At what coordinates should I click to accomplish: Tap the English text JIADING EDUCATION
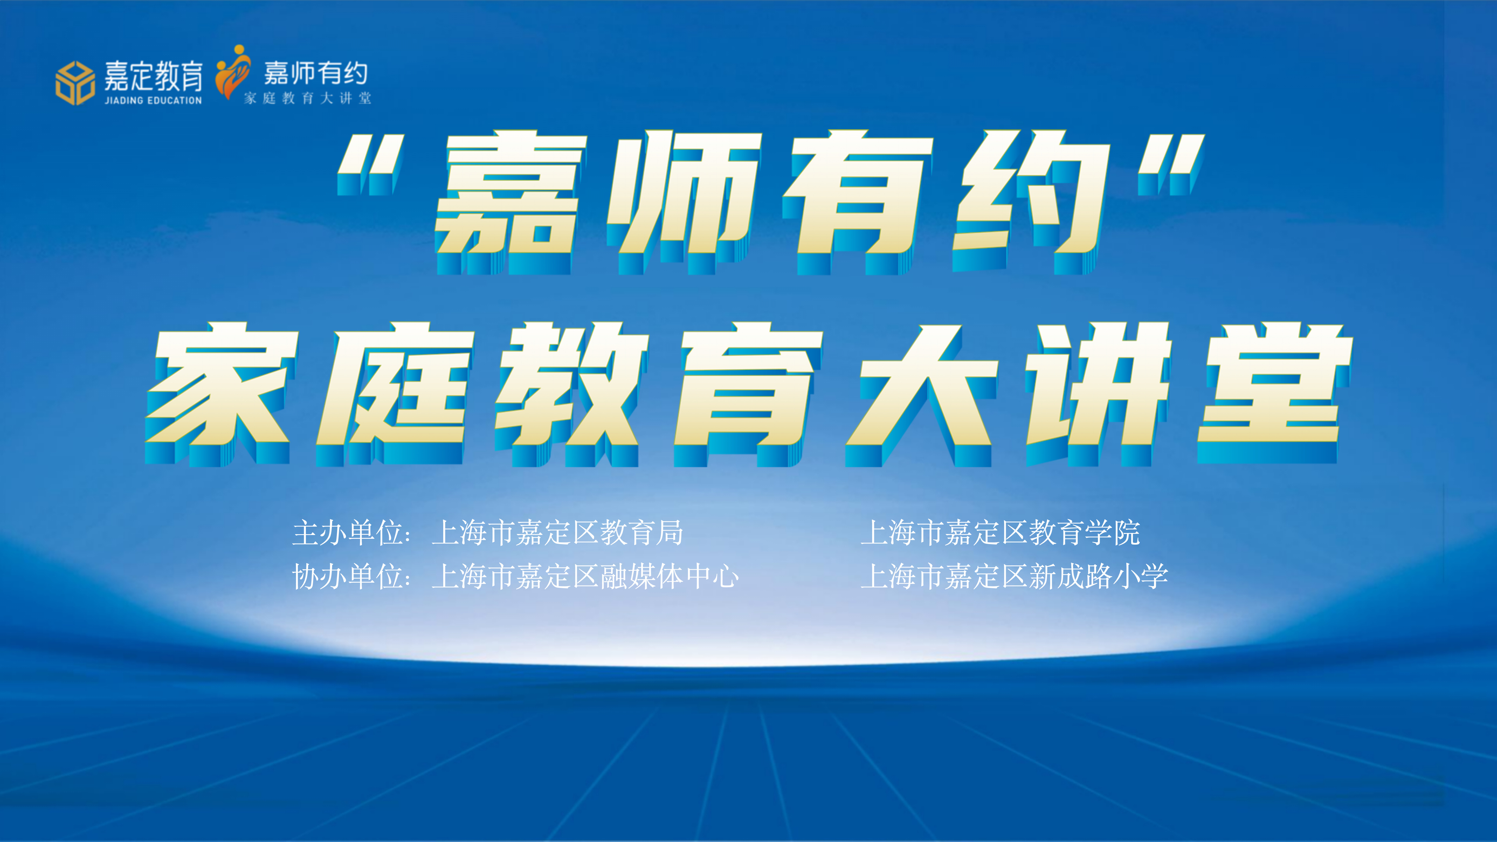tap(154, 101)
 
